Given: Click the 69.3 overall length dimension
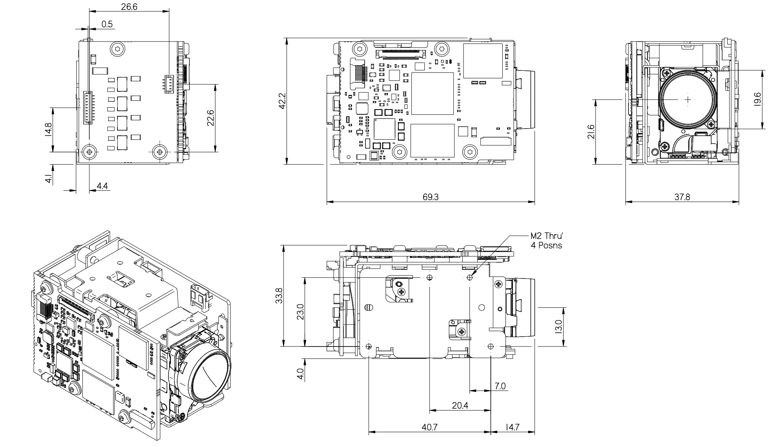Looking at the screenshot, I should pos(430,197).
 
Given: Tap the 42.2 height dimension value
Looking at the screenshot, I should pos(282,101).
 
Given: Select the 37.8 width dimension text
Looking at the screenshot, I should pos(682,197).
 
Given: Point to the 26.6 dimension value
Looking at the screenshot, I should pos(129,7).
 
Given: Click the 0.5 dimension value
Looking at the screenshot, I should pos(107,24).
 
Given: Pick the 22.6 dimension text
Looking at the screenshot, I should pos(210,117).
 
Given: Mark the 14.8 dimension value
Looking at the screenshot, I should pos(48,129).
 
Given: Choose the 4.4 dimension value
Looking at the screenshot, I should pos(102,186).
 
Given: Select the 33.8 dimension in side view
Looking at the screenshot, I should pos(279,295).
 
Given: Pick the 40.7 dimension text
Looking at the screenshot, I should pos(430,427).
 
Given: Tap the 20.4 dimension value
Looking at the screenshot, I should pos(460,405).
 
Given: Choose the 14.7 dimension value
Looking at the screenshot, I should pos(513,427).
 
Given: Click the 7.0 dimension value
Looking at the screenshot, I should pos(500,386).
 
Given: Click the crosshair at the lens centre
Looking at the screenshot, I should pos(688,99).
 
